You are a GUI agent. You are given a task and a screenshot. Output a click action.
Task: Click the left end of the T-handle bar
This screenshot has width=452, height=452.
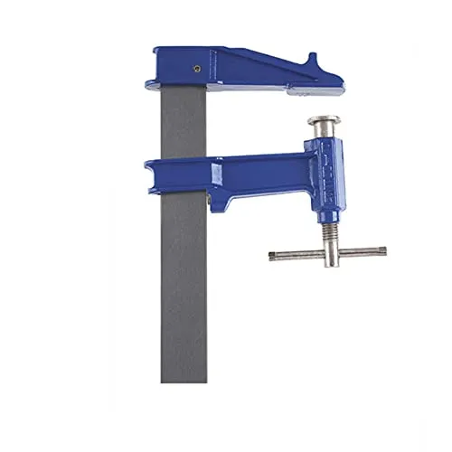click(273, 256)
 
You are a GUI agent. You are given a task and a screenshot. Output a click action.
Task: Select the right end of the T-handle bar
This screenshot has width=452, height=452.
click(382, 252)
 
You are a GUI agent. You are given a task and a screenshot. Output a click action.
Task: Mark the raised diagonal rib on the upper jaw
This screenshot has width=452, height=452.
click(262, 63)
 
